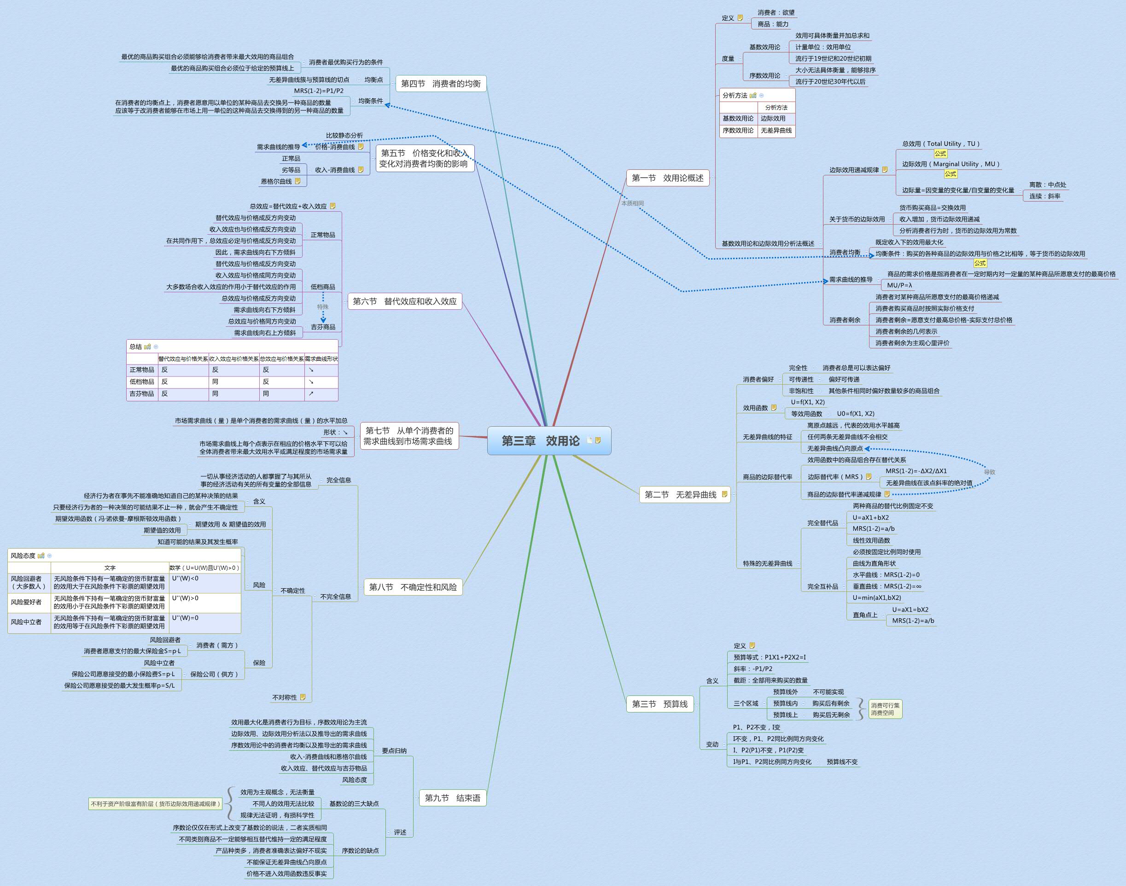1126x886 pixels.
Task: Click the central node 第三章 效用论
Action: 540,441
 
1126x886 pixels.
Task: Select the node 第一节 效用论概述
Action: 667,178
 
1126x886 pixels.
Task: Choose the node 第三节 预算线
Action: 659,704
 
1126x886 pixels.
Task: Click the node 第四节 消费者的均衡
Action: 441,83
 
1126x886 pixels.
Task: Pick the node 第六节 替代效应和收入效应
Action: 405,301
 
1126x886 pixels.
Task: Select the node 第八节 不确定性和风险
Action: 413,587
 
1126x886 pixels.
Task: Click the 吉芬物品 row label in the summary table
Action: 142,394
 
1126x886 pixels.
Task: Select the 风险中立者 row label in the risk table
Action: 26,622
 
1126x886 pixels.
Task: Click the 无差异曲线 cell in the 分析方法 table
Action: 776,131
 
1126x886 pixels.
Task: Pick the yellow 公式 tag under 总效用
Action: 940,154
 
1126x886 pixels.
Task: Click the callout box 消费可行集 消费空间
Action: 885,709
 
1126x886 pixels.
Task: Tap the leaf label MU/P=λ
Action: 900,285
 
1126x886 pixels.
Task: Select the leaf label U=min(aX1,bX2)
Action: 877,597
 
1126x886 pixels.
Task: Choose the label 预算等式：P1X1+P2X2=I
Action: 770,657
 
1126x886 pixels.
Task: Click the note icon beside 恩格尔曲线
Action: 298,181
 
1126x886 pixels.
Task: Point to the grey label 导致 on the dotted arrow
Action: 990,472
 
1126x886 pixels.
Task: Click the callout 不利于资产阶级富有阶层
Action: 156,804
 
